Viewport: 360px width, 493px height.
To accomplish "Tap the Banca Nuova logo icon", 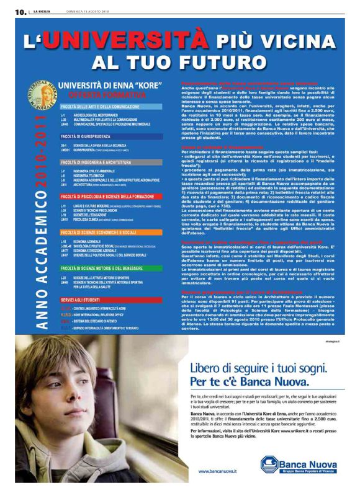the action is (x=269, y=463).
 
